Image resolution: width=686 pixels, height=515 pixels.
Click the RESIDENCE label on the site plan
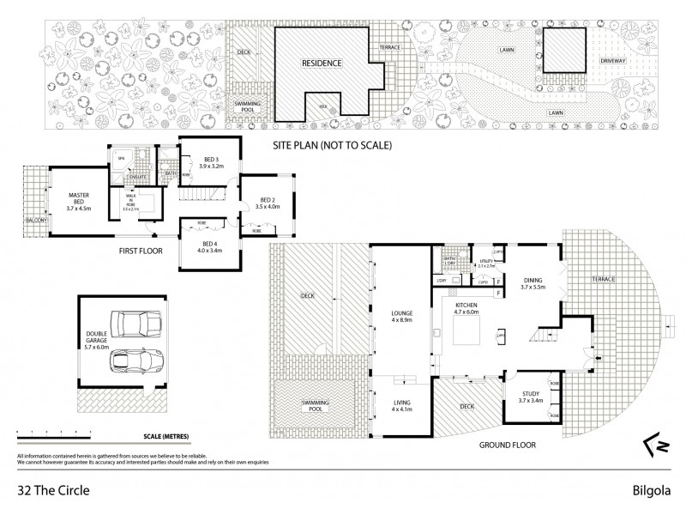(322, 64)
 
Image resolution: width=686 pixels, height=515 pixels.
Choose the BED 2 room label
(268, 201)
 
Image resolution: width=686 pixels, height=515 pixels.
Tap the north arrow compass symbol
(653, 445)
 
